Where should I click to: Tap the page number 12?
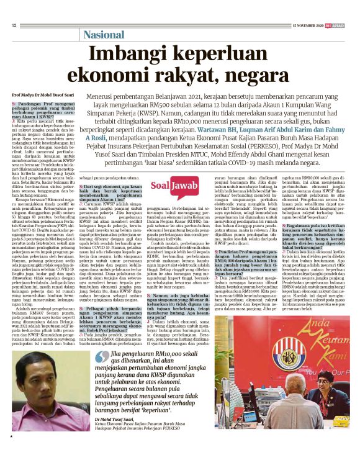(14, 25)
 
